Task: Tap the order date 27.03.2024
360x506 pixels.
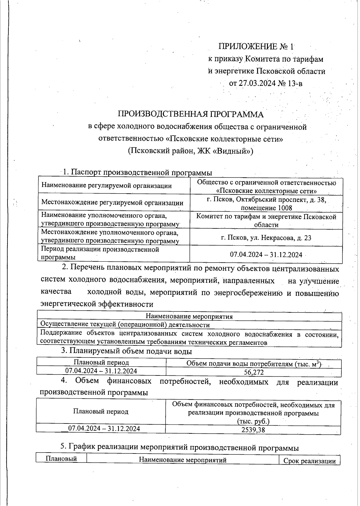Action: pos(257,83)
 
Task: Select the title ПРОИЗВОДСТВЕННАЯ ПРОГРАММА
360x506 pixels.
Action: pos(191,114)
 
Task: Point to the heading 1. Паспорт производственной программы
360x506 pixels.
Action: pos(137,173)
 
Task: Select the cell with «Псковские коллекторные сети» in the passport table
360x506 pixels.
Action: pos(266,191)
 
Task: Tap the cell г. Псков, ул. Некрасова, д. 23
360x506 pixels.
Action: pos(266,238)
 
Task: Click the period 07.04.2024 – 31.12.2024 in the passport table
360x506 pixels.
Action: pos(266,255)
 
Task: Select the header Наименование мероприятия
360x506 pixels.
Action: pos(189,316)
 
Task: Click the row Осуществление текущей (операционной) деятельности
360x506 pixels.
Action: pos(125,325)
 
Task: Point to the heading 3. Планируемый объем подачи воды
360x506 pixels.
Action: pos(126,351)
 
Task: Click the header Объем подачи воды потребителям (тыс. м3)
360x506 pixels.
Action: pos(254,364)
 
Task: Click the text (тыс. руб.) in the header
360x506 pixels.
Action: pos(253,421)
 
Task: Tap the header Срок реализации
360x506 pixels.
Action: pos(309,461)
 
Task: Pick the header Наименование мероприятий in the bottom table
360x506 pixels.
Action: pos(183,460)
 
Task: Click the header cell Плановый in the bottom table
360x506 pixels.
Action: pos(61,459)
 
